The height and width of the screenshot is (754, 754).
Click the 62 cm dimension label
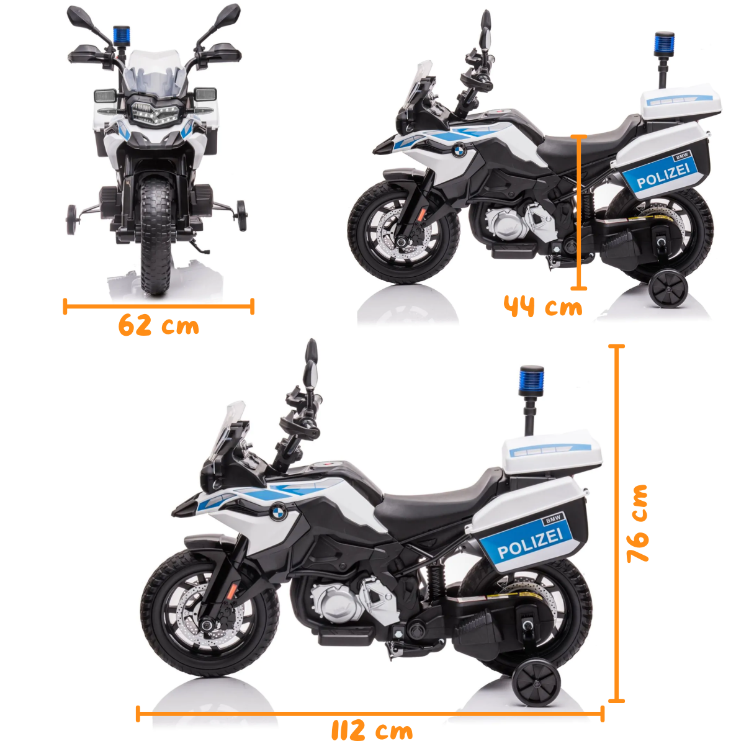[159, 325]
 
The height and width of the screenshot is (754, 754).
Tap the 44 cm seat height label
[543, 307]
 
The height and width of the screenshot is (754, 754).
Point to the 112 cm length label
[372, 730]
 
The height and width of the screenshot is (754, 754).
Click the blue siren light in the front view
[121, 34]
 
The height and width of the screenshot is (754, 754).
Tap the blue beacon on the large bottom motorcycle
[532, 378]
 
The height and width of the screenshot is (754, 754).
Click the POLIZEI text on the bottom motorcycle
[530, 542]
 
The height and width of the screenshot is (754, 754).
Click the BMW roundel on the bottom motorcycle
[278, 512]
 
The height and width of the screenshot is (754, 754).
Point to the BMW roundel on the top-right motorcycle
[458, 150]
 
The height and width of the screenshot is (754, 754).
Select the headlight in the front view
[153, 114]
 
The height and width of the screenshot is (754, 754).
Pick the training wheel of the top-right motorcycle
[668, 289]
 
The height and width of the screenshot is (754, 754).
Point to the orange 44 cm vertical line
[578, 211]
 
